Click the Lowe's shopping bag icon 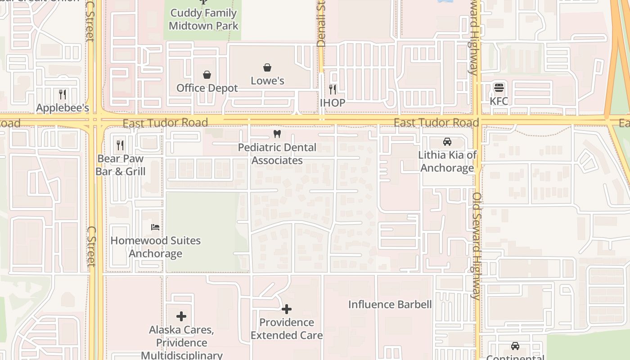267,68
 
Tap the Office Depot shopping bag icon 207,75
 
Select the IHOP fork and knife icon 333,89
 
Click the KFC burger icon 499,87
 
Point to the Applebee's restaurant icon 63,94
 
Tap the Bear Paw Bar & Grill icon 120,145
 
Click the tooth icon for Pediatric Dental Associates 277,134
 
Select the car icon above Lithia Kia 447,142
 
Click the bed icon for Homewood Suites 155,227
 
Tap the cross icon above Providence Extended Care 287,309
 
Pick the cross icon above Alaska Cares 181,316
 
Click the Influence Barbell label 390,305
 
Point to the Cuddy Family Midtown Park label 203,19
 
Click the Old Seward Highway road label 477,246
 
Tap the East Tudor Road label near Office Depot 165,123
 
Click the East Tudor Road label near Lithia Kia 436,123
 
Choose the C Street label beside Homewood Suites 91,246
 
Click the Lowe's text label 267,81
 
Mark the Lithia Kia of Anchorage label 447,162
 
